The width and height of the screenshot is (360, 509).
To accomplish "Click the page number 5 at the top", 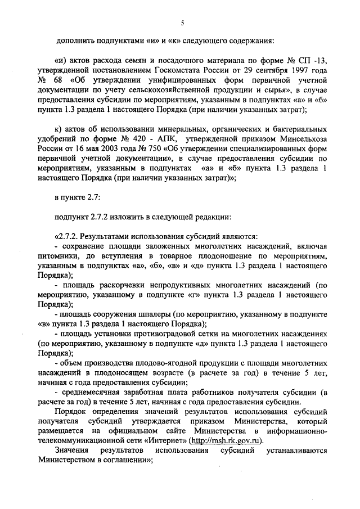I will (x=182, y=23).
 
